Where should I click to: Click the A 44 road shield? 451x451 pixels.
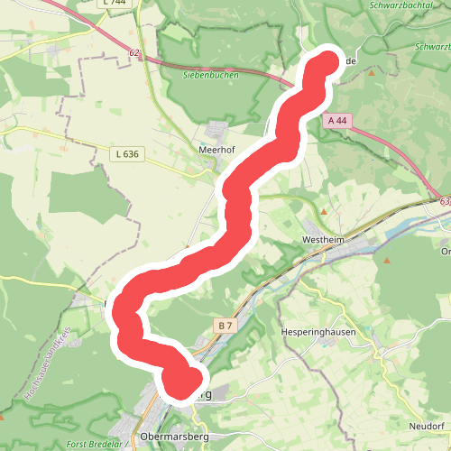tap(337, 120)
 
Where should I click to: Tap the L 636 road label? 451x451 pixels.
tap(127, 154)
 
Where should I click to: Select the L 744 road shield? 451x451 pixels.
tap(115, 3)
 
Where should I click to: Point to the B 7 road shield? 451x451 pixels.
tap(225, 324)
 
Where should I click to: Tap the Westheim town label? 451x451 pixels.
tap(323, 240)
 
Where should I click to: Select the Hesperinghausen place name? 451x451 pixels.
tap(318, 332)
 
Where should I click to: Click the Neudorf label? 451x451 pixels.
tap(426, 425)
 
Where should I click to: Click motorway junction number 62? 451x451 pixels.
tap(134, 53)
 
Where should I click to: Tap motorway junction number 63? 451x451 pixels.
tap(446, 204)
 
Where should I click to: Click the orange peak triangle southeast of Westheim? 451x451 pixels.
tap(386, 261)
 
